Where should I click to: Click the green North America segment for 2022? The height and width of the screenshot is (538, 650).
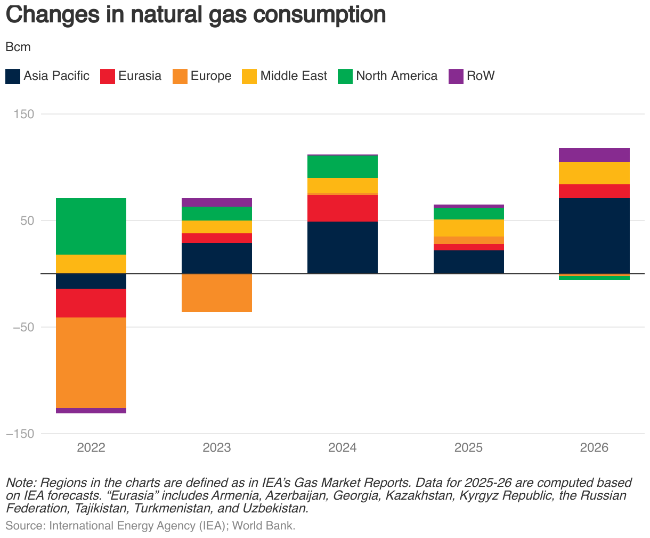pos(91,226)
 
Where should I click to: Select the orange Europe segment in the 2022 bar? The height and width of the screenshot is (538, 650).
pos(91,362)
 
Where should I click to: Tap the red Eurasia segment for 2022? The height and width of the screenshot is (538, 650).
pos(91,303)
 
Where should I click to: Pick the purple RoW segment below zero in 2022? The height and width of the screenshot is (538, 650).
pos(91,411)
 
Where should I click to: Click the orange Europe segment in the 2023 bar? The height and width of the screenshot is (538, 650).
pos(217,293)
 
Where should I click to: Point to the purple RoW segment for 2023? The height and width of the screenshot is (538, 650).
pos(217,202)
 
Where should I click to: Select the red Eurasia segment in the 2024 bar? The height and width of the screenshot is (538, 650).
pos(343,208)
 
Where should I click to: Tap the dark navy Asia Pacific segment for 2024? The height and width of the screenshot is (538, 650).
pos(343,248)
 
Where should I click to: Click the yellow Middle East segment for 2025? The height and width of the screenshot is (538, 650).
pos(468,228)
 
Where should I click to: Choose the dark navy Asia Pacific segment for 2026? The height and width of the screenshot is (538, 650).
pos(594,235)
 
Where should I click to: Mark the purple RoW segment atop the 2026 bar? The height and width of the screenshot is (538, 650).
pos(594,155)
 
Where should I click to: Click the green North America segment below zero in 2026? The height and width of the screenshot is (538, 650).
pos(594,278)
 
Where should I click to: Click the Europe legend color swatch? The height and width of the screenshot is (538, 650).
pos(180,76)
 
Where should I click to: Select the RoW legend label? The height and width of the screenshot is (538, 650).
pos(481,76)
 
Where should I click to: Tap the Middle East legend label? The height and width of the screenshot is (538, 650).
pos(294,76)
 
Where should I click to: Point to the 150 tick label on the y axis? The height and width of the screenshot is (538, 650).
pos(21,114)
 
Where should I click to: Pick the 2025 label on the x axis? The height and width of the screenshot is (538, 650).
pos(468,447)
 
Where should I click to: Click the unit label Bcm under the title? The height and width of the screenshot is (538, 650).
pos(18,47)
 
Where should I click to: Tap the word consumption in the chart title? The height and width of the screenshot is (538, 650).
pos(319,15)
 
